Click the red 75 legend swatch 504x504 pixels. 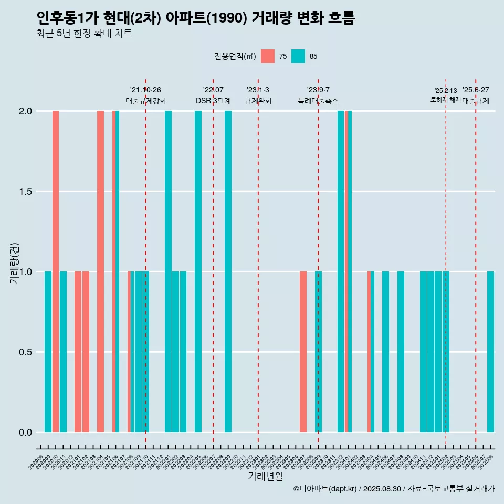(x=268, y=56)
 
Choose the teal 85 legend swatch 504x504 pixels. (x=298, y=56)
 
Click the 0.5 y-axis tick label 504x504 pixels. (x=25, y=352)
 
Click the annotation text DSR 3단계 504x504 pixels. (x=213, y=101)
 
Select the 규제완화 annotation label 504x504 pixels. (x=258, y=101)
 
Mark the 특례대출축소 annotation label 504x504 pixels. (x=318, y=101)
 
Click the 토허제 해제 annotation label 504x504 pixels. (x=445, y=100)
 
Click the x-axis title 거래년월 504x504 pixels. (x=265, y=476)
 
